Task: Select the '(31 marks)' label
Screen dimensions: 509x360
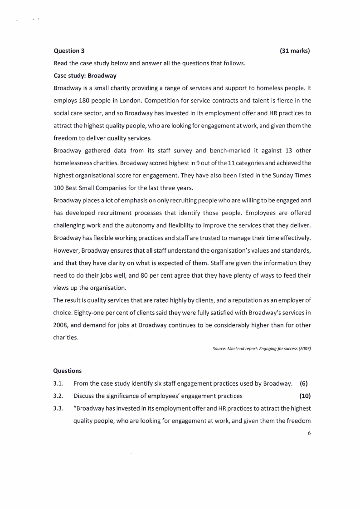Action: coord(295,51)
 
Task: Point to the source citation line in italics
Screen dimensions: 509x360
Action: coord(262,348)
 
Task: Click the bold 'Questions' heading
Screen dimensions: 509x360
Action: coord(68,371)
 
